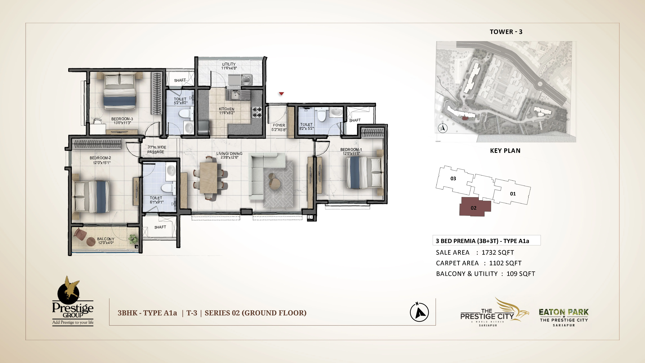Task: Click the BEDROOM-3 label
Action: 122,119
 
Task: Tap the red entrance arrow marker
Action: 281,94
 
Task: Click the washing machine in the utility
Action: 246,80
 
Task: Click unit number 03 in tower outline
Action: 453,179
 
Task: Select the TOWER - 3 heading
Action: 506,32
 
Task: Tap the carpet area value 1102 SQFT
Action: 505,263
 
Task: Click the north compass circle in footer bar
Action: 419,312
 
